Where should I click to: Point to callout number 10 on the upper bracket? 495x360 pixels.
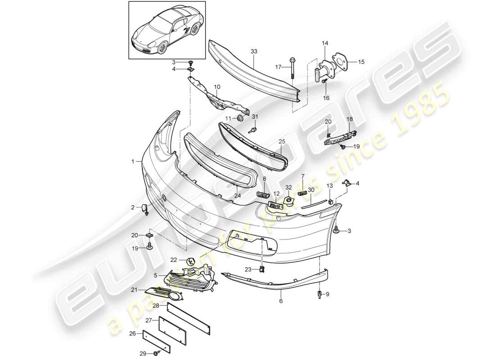click(x=217, y=86)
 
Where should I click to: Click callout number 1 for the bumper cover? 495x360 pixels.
click(x=133, y=161)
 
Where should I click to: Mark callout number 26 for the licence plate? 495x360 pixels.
click(x=132, y=333)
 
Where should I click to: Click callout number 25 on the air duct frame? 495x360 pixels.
click(x=282, y=141)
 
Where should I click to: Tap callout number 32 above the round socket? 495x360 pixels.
click(x=288, y=187)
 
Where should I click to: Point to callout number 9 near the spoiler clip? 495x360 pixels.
click(x=327, y=294)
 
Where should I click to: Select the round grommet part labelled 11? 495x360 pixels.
click(x=241, y=118)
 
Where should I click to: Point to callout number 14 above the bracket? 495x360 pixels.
click(x=325, y=43)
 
